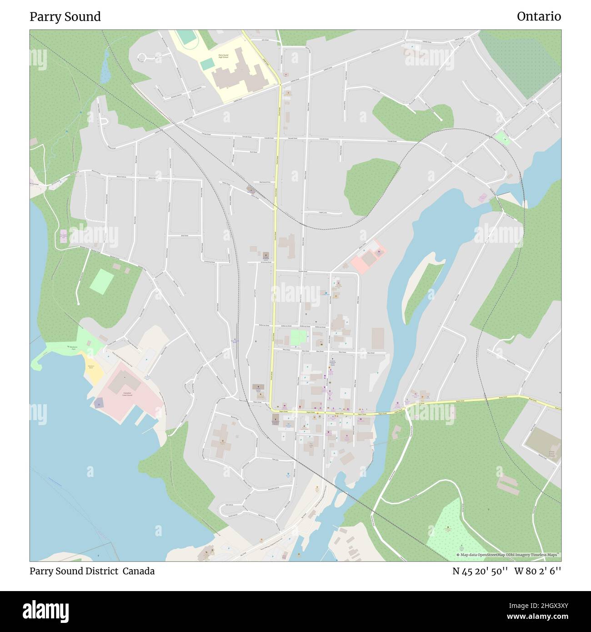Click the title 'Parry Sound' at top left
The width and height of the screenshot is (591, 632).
[x=65, y=17]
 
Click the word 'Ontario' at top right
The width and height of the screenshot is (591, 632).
[x=538, y=17]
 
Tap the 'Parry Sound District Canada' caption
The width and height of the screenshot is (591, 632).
[x=92, y=571]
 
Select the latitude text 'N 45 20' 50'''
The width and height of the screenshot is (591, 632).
[x=480, y=571]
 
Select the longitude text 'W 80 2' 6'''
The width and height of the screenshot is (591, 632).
[x=537, y=571]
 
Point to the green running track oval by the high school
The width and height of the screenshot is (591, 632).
[x=185, y=37]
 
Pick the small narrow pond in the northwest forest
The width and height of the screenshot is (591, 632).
[x=105, y=68]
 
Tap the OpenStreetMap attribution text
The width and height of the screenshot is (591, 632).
[x=508, y=555]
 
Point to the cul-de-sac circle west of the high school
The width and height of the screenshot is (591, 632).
[x=142, y=57]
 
